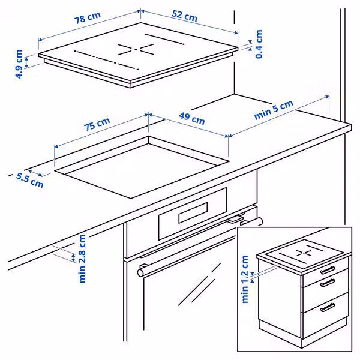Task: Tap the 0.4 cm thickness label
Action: [x=259, y=44]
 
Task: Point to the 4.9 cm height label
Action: [x=19, y=65]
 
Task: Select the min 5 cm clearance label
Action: [x=274, y=112]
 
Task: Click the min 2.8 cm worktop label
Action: [x=82, y=258]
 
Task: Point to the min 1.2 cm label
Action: [x=245, y=279]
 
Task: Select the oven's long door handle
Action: [x=198, y=247]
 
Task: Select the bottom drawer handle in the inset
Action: [x=327, y=307]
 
